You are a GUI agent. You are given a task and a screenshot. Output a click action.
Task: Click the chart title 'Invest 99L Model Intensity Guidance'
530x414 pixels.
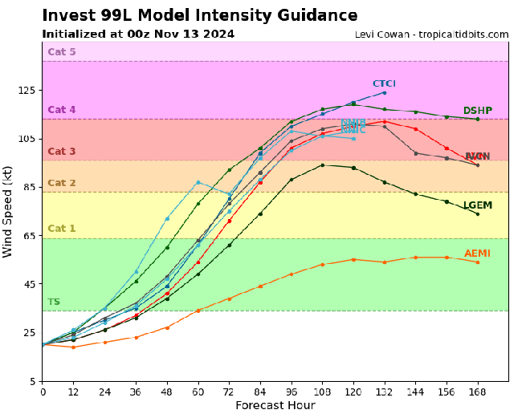[x=200, y=16]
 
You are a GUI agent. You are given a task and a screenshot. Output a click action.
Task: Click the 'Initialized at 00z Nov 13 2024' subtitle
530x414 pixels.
[x=138, y=34]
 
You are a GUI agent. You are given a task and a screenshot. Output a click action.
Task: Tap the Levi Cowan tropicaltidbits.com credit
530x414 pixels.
[x=431, y=34]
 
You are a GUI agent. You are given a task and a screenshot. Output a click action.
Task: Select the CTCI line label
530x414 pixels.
[x=384, y=83]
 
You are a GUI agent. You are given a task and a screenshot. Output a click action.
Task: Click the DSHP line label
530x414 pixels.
[x=477, y=111]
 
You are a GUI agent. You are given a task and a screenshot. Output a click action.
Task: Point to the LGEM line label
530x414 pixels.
[x=477, y=205]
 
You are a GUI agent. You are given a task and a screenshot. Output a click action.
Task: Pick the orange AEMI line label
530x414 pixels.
[x=477, y=254]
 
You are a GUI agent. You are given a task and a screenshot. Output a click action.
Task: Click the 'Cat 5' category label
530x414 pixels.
[x=62, y=52]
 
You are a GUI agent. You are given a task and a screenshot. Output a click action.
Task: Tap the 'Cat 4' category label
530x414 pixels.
[x=62, y=110]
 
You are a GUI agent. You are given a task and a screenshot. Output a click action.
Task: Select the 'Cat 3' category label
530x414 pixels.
[x=62, y=152]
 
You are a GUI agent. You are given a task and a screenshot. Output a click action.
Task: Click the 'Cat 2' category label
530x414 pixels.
[x=62, y=183]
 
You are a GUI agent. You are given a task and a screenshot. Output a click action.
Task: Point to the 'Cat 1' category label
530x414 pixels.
[x=62, y=229]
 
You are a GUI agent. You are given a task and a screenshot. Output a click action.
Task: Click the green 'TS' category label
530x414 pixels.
[x=54, y=302]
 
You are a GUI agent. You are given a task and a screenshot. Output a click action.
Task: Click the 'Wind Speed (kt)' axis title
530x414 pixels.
[x=9, y=212]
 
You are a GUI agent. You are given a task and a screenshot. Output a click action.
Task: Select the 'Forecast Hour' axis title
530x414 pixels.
[x=275, y=405]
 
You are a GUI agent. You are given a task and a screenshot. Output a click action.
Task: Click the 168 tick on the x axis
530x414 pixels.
[x=478, y=391]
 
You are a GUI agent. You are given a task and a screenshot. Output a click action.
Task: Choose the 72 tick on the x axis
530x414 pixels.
[x=229, y=391]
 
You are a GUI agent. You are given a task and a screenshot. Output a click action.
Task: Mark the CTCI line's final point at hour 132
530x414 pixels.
[x=384, y=92]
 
